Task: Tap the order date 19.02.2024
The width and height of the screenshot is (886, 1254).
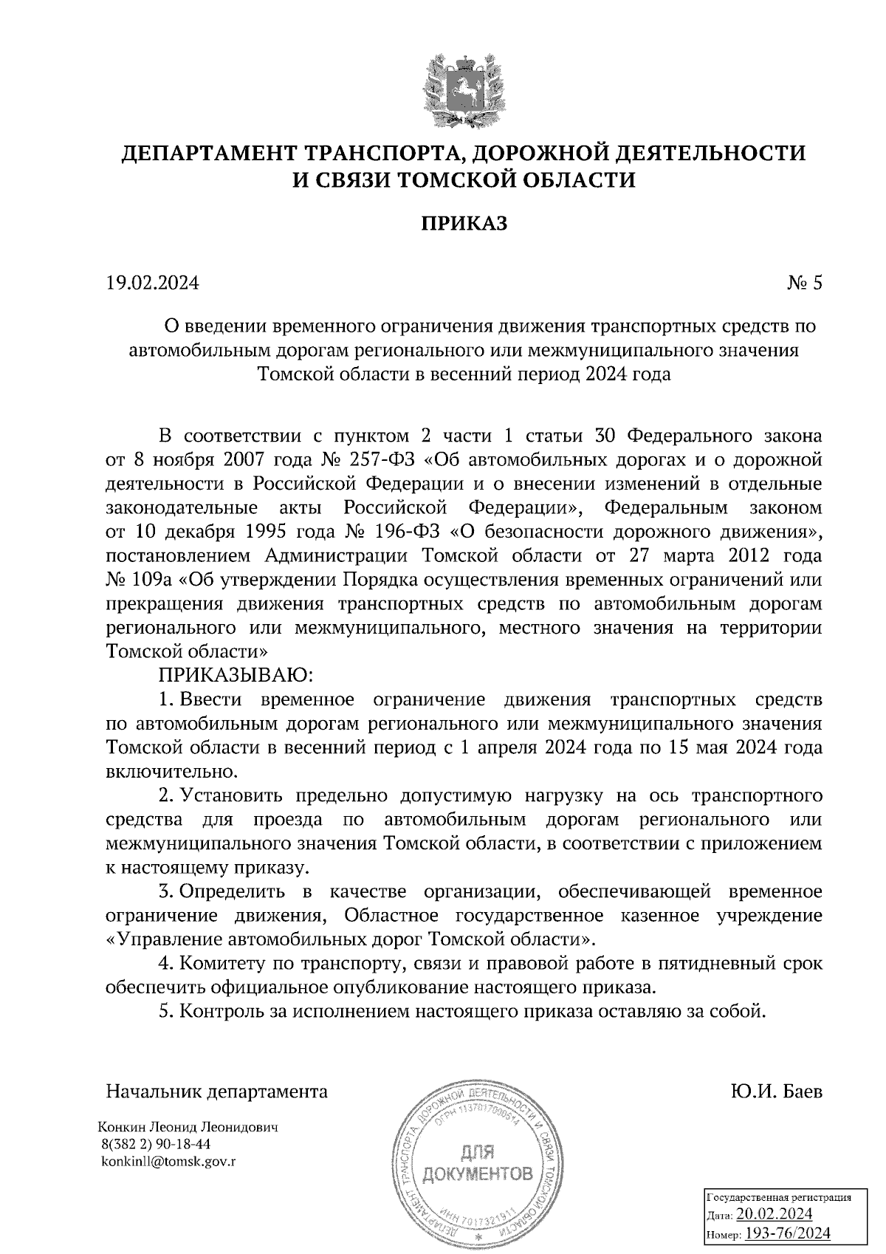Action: coord(152,284)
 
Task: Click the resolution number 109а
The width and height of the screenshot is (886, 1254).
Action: coord(151,580)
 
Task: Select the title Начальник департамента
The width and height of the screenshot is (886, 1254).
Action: coord(217,1092)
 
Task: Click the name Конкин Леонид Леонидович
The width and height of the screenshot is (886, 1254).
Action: coord(188,1128)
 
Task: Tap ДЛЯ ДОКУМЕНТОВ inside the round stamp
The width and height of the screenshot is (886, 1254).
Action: coord(478,1162)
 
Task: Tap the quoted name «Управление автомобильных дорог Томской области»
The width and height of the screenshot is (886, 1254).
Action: coord(351,940)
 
